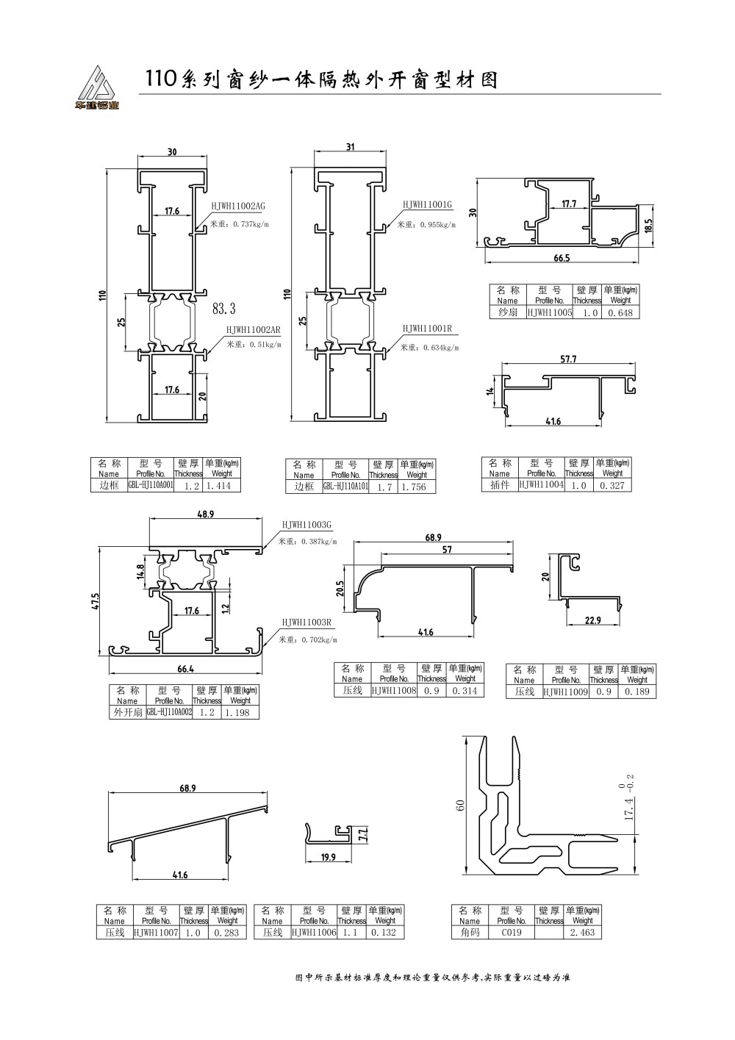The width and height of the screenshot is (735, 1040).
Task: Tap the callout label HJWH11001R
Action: (427, 329)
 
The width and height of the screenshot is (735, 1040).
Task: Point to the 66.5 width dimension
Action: (562, 258)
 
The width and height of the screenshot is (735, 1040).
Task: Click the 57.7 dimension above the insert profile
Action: (568, 359)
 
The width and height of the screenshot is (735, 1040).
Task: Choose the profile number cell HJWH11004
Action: (542, 485)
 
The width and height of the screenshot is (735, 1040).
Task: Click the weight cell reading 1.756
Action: (416, 487)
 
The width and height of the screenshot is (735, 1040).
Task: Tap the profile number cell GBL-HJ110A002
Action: (169, 712)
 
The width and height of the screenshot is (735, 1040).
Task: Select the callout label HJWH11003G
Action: (307, 525)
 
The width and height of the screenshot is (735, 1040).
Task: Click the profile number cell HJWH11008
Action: (394, 691)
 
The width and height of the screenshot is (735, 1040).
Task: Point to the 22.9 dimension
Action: (593, 620)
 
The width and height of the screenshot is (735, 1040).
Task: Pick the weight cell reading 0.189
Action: (637, 692)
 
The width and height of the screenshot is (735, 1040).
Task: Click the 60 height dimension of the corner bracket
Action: (461, 805)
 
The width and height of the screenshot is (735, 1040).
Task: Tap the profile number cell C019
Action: (512, 933)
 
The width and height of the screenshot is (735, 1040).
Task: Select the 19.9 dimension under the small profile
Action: (328, 857)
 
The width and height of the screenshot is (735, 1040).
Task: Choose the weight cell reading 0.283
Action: (227, 933)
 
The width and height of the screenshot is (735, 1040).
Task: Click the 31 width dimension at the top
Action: (351, 147)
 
